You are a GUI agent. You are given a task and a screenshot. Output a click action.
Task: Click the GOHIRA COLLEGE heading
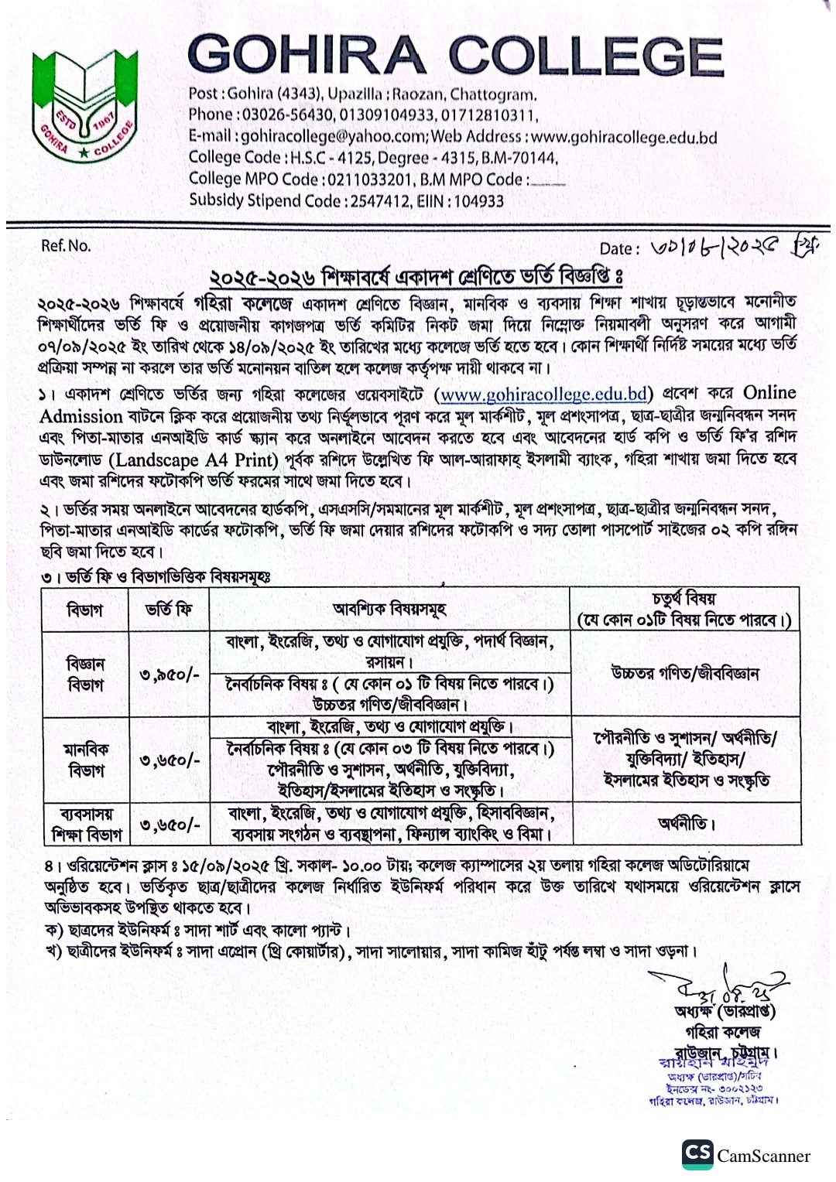[x=455, y=56]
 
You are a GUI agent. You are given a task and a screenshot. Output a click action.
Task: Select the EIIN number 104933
[x=478, y=201]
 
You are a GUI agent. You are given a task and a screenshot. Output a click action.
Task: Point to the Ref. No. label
[x=66, y=246]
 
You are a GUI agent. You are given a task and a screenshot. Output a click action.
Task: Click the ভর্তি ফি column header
[x=169, y=610]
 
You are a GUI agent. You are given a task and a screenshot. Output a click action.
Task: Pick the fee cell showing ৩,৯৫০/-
[x=169, y=675]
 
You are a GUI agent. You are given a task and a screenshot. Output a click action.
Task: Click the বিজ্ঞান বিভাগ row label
[x=85, y=675]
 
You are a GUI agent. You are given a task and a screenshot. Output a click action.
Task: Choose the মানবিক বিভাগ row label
[x=86, y=760]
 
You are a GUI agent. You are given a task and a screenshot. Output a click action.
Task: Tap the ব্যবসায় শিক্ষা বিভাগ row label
[x=86, y=824]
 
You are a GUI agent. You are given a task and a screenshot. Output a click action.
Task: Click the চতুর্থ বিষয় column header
[x=684, y=610]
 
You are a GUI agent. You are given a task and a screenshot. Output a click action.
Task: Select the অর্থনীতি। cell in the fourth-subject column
[x=686, y=824]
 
